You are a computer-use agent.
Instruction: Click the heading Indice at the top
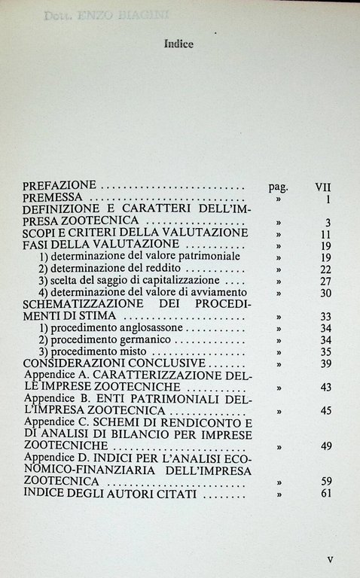pyautogui.click(x=178, y=44)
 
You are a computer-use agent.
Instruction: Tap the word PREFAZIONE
pyautogui.click(x=60, y=185)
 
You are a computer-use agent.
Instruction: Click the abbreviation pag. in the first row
pyautogui.click(x=279, y=185)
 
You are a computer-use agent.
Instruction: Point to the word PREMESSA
pyautogui.click(x=55, y=197)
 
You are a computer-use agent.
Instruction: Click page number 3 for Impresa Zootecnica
pyautogui.click(x=328, y=222)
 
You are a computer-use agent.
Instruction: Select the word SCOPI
pyautogui.click(x=41, y=233)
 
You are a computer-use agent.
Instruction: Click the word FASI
pyautogui.click(x=38, y=245)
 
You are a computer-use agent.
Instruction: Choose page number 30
pyautogui.click(x=325, y=293)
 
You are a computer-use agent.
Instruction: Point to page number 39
pyautogui.click(x=325, y=364)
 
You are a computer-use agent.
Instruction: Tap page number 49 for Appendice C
pyautogui.click(x=325, y=446)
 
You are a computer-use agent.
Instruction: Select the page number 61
pyautogui.click(x=325, y=493)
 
